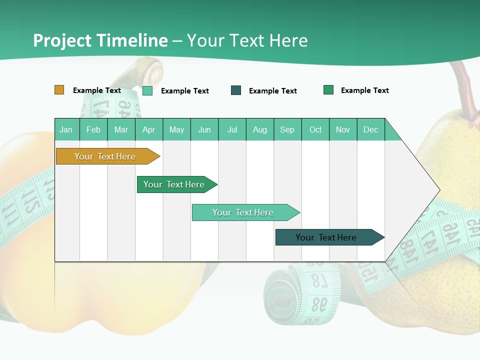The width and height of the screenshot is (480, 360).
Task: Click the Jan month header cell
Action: pos(66,129)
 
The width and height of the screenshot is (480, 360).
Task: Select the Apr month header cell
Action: pos(149,129)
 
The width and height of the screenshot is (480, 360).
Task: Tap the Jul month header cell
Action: pos(232,129)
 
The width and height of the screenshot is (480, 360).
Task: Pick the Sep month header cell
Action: pos(287,129)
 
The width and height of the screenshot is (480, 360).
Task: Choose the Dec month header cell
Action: pos(371,129)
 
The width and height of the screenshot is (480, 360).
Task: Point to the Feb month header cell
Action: pos(93,129)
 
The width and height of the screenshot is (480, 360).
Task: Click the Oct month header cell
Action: pos(315,129)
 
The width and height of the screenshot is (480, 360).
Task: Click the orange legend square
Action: pos(59,90)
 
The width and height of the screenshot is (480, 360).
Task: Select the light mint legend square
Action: pos(147,90)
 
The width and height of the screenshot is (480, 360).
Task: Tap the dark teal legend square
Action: pos(236,90)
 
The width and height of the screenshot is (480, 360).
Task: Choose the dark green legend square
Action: pos(328,90)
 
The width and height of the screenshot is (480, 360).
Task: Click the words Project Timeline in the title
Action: pos(100,40)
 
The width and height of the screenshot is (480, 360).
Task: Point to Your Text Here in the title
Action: pos(247,40)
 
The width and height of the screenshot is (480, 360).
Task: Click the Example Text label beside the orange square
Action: pos(97,90)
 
